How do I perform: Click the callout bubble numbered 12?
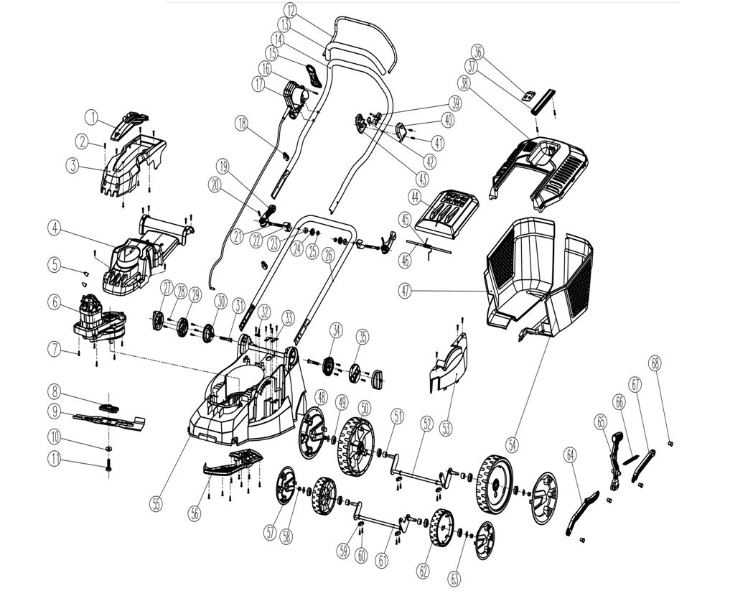click(x=290, y=10)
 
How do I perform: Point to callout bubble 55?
click(x=156, y=503)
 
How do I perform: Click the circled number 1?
click(x=92, y=116)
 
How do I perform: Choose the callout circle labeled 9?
click(x=55, y=412)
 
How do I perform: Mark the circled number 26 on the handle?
click(x=329, y=253)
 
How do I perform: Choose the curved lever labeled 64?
click(x=583, y=511)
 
